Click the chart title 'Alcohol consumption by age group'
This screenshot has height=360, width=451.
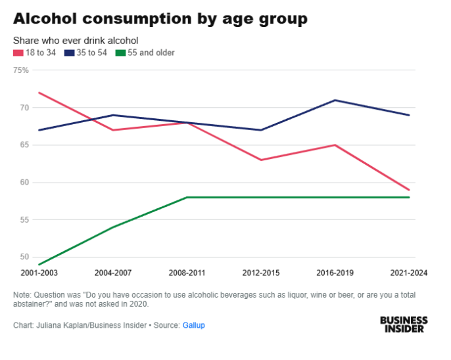(160, 19)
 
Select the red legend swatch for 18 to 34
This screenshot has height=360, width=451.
(16, 53)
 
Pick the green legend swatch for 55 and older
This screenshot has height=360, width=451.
(118, 53)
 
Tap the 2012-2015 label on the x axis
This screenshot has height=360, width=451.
(261, 272)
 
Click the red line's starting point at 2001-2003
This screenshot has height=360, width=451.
(39, 93)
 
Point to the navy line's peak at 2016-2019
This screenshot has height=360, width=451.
(335, 100)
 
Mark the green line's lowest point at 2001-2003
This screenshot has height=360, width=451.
(39, 264)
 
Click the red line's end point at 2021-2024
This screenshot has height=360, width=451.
(410, 190)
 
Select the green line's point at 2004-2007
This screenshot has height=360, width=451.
(113, 227)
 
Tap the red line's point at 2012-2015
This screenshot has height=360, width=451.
(261, 160)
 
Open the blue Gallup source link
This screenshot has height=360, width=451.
(193, 325)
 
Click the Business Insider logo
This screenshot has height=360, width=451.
(404, 324)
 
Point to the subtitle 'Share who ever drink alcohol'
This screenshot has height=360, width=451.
(76, 40)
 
